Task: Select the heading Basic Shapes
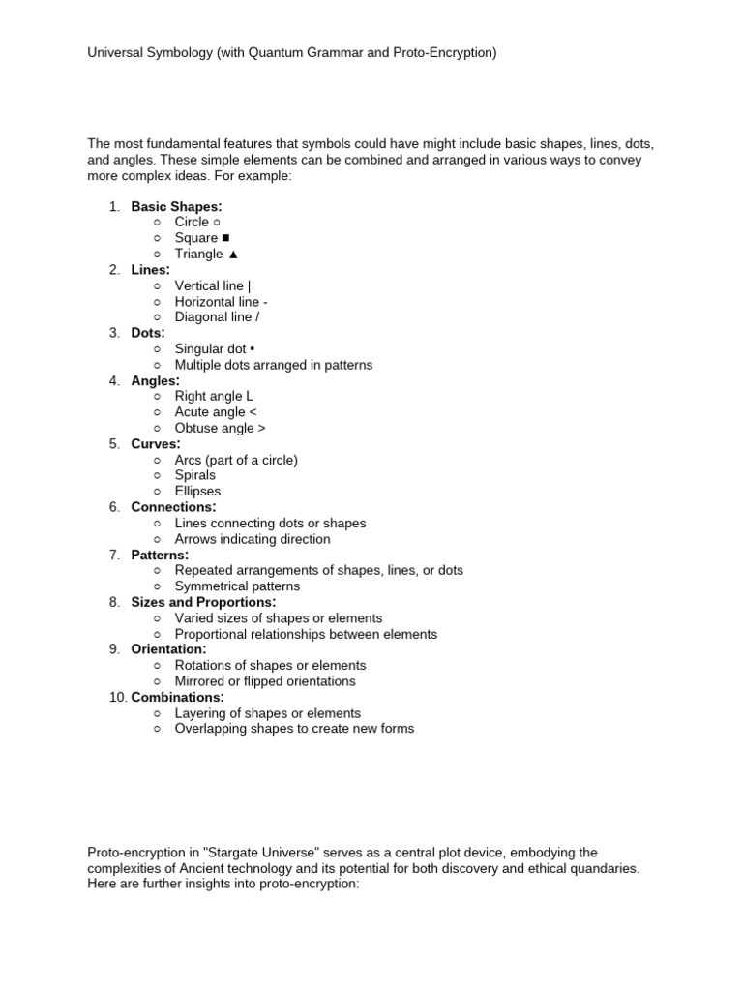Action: tap(176, 206)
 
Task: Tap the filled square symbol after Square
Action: tap(225, 238)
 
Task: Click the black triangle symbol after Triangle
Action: tap(232, 254)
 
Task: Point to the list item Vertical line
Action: tap(212, 285)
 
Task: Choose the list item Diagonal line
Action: tap(217, 316)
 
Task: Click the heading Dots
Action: tap(148, 333)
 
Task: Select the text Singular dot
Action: tap(210, 348)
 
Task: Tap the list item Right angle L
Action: tap(214, 396)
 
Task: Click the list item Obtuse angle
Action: tap(220, 428)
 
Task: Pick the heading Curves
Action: tap(156, 444)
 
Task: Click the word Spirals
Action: tap(195, 475)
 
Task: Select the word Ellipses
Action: tap(197, 491)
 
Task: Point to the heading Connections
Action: tap(173, 507)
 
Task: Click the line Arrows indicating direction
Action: tap(252, 539)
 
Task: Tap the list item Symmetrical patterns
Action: tap(237, 586)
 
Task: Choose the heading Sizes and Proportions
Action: tap(203, 602)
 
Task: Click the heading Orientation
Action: tap(168, 649)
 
